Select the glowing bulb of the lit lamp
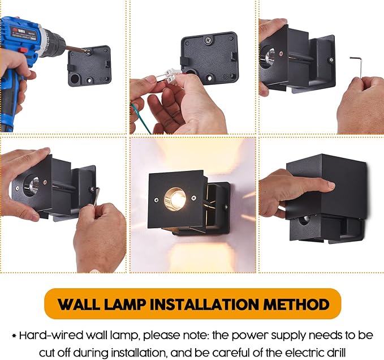tap(175, 198)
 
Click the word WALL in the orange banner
tap(84, 305)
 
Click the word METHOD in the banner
tap(300, 305)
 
